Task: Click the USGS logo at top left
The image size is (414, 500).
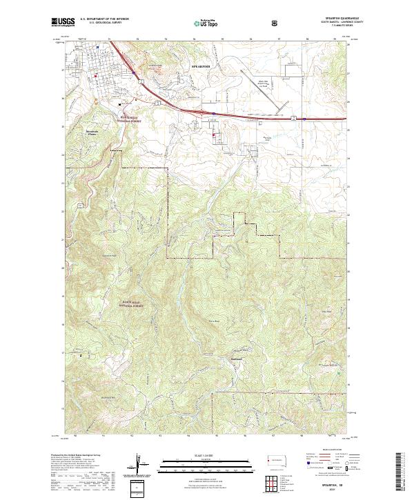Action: pyautogui.click(x=63, y=22)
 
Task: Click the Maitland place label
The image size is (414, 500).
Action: pyautogui.click(x=237, y=358)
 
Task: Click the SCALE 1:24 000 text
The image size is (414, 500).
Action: pyautogui.click(x=206, y=454)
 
